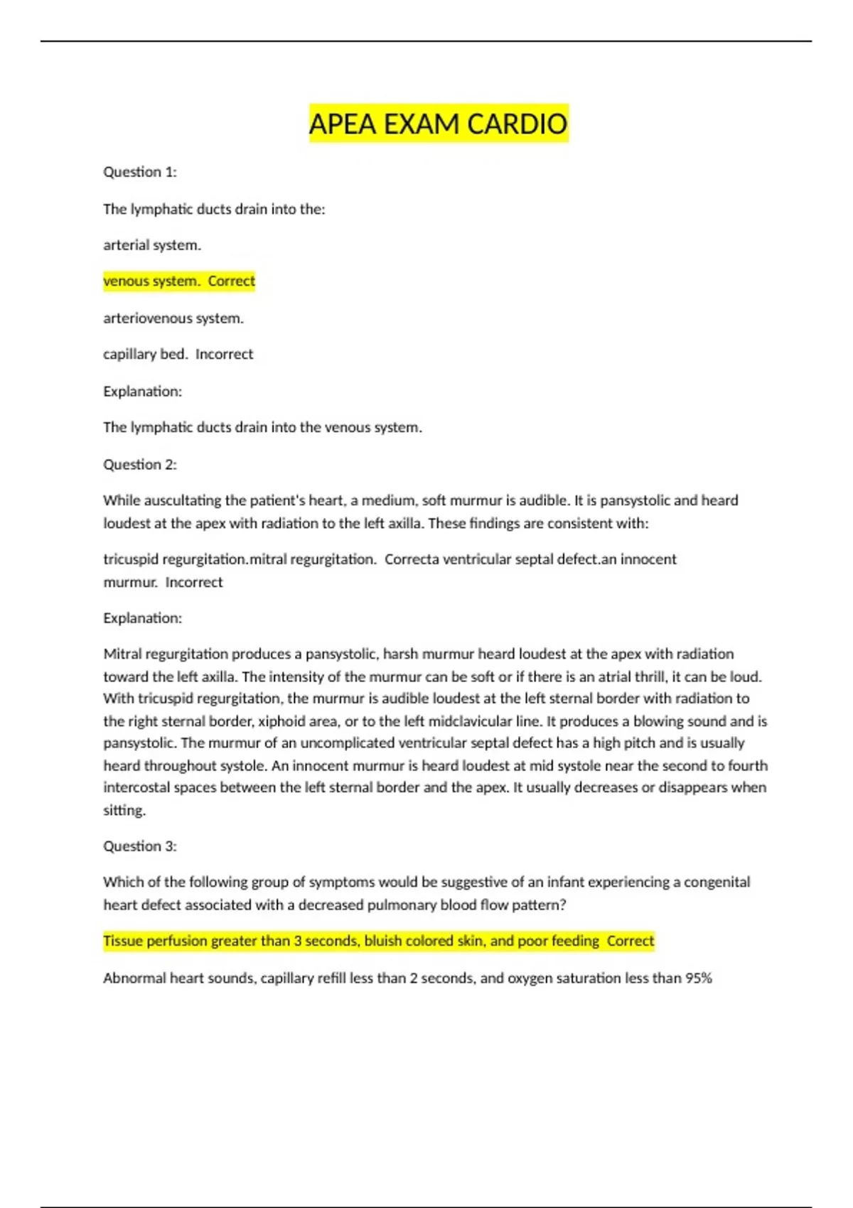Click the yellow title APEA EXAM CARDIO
coord(438,124)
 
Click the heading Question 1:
coord(140,172)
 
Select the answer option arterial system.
coord(152,245)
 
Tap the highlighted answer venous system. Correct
coord(179,281)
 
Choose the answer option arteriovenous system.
coord(173,318)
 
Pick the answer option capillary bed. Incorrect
coord(178,355)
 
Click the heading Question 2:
coord(140,465)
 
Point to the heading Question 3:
coord(140,846)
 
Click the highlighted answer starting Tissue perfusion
coord(378,941)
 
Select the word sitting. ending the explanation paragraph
coord(124,810)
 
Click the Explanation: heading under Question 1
coord(142,392)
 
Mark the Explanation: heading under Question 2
coord(142,618)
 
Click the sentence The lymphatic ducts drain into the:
coord(214,210)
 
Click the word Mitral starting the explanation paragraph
coord(122,654)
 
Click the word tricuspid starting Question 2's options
coord(131,559)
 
